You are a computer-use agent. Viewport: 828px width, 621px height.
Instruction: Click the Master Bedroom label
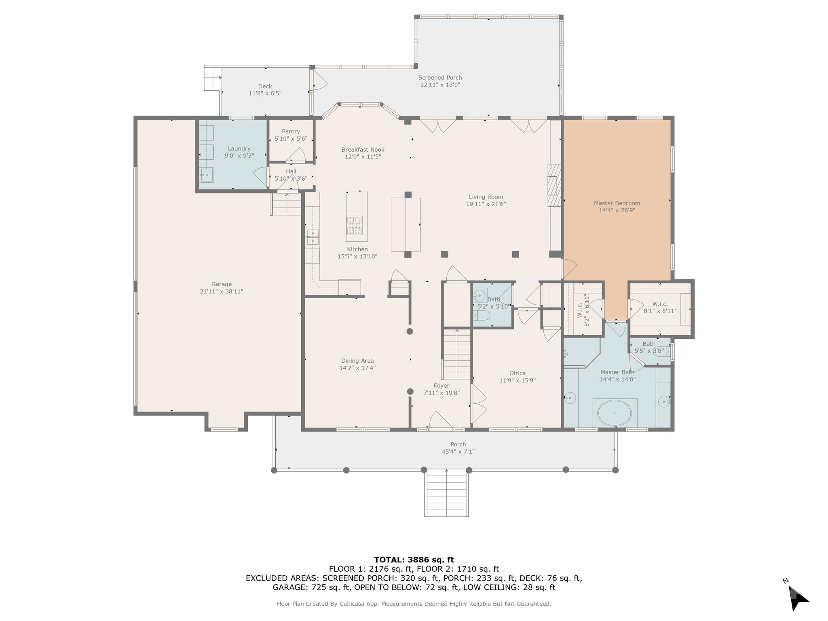point(617,203)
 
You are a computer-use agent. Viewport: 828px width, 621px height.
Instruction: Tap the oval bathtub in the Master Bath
point(615,413)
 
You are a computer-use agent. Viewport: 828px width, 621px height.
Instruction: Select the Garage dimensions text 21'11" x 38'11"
point(221,291)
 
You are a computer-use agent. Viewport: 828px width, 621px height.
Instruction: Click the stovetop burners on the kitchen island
point(354,225)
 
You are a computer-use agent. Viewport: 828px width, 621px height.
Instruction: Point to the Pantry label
point(291,131)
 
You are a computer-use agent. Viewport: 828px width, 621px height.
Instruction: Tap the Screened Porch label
point(440,78)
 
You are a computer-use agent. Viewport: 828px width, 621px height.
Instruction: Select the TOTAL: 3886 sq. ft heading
point(414,560)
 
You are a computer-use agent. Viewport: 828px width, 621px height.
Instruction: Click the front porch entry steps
point(446,494)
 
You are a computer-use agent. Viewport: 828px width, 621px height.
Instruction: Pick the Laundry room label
point(239,149)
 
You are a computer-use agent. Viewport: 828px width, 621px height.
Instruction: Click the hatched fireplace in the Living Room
point(554,185)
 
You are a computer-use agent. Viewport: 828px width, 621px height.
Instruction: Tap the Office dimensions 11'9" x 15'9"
point(517,380)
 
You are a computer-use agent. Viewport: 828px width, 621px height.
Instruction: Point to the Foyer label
point(441,386)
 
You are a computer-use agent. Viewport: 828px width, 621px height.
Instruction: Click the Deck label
point(265,86)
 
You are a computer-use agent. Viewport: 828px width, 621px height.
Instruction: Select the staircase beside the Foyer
point(457,354)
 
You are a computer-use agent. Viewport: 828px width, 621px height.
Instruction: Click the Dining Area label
point(357,361)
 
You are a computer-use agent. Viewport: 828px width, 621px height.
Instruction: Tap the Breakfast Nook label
point(363,150)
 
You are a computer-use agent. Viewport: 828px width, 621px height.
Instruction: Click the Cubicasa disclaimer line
point(414,604)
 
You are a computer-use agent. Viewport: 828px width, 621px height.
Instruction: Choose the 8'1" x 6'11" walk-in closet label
point(660,307)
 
